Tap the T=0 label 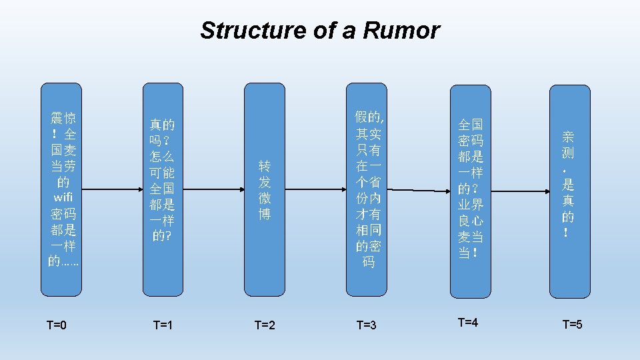(57, 325)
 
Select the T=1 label (163, 325)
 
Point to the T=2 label (265, 325)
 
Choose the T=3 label (367, 325)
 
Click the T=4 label (468, 323)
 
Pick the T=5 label (572, 325)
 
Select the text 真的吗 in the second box (162, 132)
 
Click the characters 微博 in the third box (265, 206)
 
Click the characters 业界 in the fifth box (471, 204)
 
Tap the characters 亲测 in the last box (568, 145)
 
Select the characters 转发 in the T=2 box (265, 173)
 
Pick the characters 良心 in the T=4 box (471, 221)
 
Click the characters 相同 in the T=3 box (368, 230)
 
